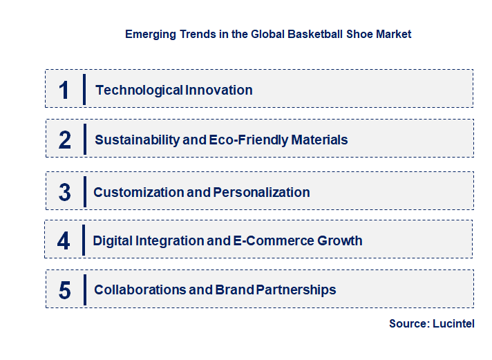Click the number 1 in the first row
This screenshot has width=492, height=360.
point(64,90)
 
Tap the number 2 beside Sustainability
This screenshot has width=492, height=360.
point(65,140)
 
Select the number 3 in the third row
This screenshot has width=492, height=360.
point(65,192)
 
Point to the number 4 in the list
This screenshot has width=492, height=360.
point(64,240)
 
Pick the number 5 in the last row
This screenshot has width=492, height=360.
point(65,290)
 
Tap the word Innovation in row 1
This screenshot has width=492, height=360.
point(219,90)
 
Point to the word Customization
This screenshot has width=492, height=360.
point(138,192)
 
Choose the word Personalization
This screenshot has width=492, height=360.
point(261,192)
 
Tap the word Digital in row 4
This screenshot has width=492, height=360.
point(114,240)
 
